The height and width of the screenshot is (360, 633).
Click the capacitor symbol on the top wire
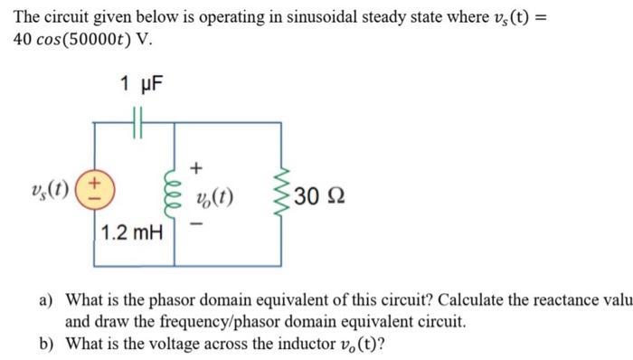pos(137,118)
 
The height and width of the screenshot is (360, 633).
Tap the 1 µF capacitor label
pos(140,86)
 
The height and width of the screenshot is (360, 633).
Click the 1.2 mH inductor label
pos(132,233)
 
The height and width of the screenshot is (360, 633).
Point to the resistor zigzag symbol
pos(282,194)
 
